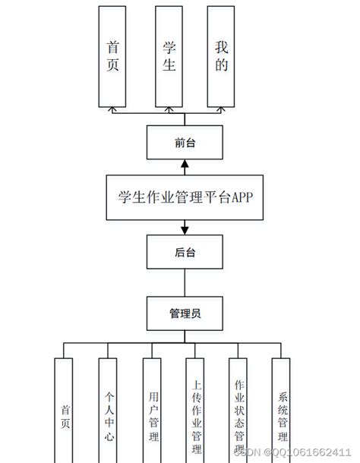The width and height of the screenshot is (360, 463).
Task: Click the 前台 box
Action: [185, 142]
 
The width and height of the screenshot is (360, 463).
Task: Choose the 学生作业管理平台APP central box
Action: [185, 197]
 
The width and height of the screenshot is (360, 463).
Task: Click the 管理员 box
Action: [185, 311]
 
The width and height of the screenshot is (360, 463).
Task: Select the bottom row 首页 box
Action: [66, 410]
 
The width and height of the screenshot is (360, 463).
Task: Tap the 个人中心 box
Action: [110, 410]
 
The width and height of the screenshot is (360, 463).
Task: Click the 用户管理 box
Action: [154, 410]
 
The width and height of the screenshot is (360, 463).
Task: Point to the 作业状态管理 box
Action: [239, 410]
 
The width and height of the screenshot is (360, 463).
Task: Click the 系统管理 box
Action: [283, 410]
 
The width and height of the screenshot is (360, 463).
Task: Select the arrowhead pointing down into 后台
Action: [185, 229]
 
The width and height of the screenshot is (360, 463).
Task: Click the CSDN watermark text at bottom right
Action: [296, 452]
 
